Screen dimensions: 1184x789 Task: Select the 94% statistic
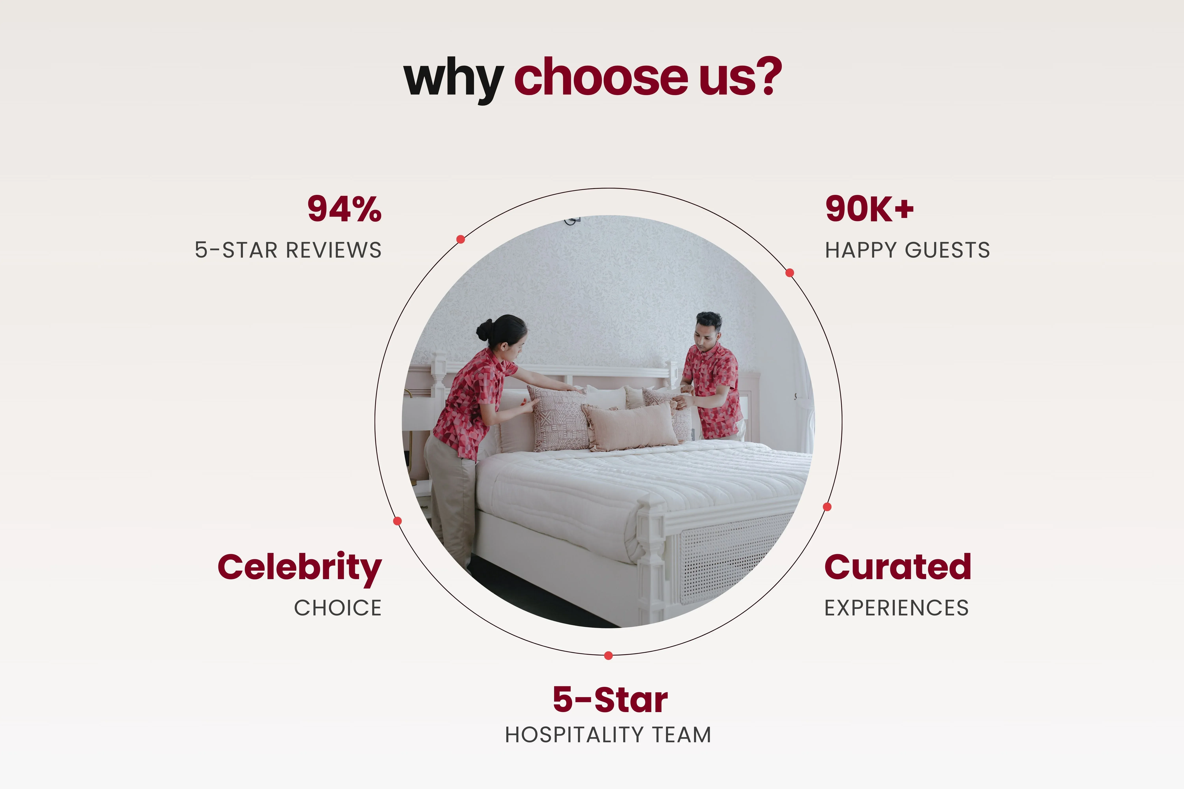click(344, 209)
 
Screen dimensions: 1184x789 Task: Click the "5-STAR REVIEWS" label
click(288, 250)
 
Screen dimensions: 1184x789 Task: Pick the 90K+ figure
click(869, 209)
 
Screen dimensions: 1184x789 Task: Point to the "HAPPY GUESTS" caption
click(907, 250)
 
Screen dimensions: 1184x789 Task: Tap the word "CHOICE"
click(338, 608)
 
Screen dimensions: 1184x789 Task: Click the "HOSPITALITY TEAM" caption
click(608, 735)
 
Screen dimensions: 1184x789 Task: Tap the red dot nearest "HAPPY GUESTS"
click(790, 273)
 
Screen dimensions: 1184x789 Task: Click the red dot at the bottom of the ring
click(608, 655)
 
